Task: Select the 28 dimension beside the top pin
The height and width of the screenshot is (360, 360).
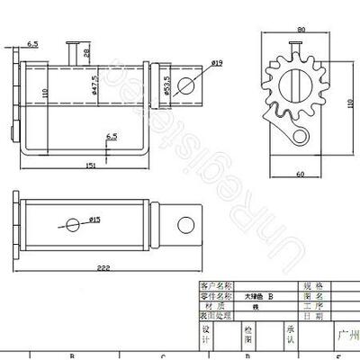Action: (x=86, y=52)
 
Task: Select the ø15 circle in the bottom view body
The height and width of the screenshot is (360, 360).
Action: (x=72, y=222)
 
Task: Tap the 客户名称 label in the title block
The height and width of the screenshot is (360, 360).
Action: (x=216, y=285)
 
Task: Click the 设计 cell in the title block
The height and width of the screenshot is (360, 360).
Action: (x=205, y=335)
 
